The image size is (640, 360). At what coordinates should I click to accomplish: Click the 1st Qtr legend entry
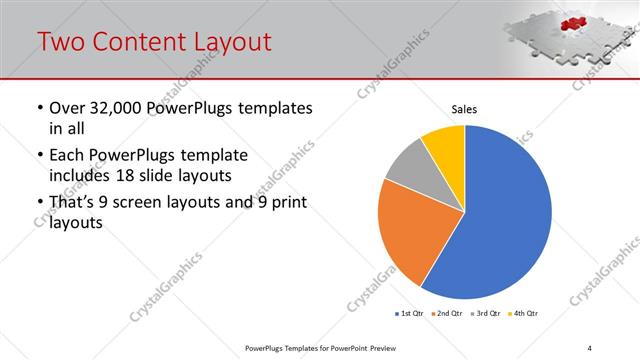point(409,314)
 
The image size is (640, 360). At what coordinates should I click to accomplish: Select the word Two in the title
point(61,41)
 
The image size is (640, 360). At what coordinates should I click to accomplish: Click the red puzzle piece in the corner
point(572,22)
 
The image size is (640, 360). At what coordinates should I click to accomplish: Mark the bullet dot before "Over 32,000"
point(39,108)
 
